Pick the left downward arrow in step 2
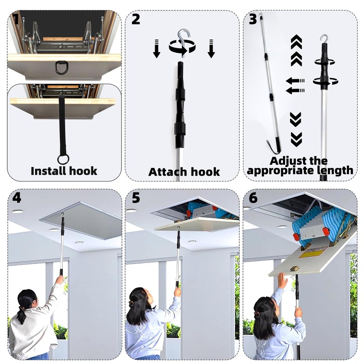[157, 48]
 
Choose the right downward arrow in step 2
[211, 48]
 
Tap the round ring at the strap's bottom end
[62, 160]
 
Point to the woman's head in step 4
[27, 301]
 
